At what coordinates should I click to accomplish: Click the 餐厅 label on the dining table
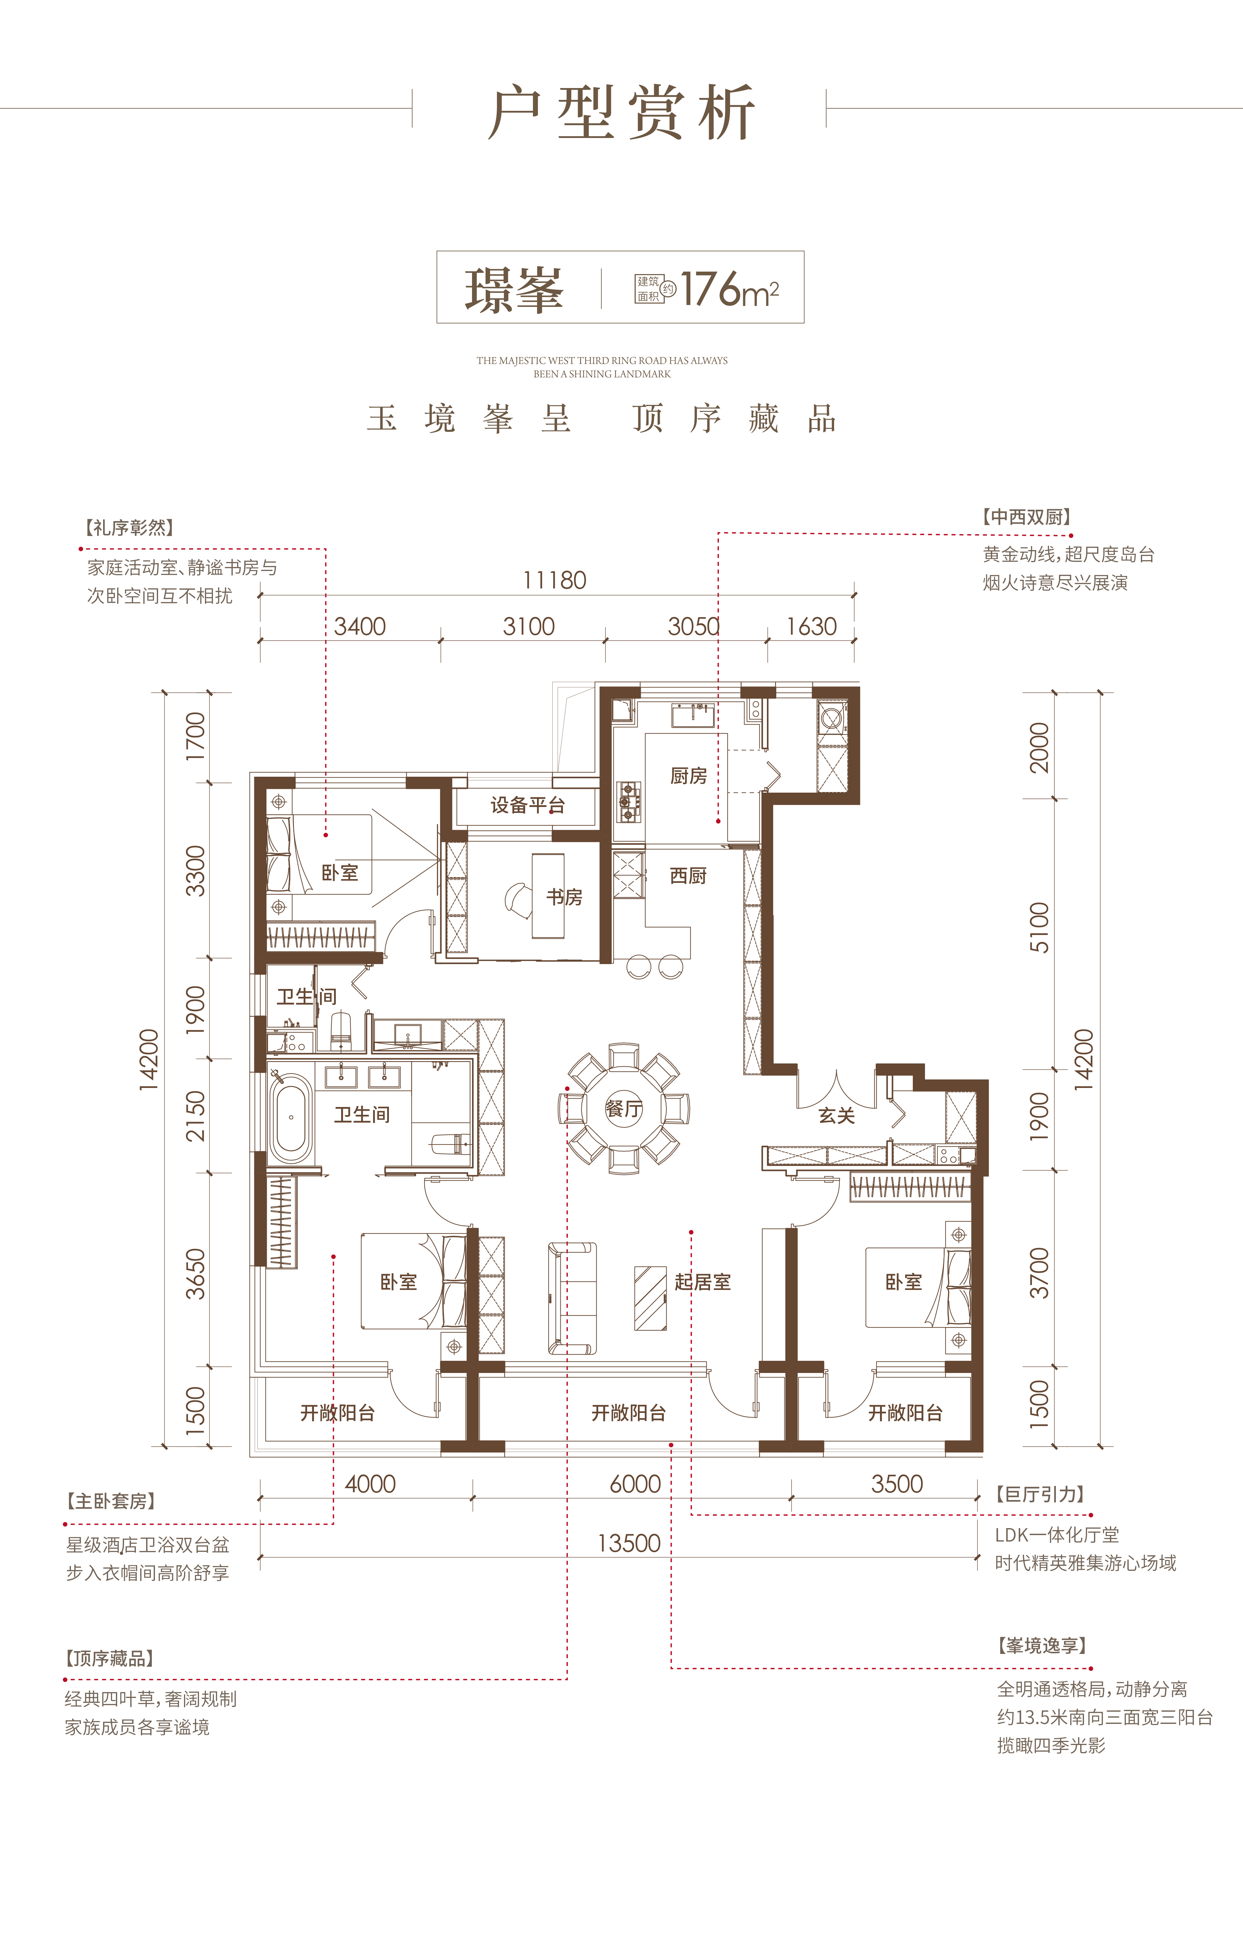[x=624, y=1109]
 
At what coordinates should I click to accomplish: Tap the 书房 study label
[x=565, y=897]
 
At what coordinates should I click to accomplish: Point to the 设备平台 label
[x=527, y=805]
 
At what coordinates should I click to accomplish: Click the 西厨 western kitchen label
[x=688, y=876]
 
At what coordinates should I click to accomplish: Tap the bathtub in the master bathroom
[x=291, y=1118]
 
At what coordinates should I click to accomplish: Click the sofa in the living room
[x=572, y=1298]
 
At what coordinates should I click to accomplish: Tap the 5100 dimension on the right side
[x=1039, y=927]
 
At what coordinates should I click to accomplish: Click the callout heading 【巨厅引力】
[x=1041, y=1494]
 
